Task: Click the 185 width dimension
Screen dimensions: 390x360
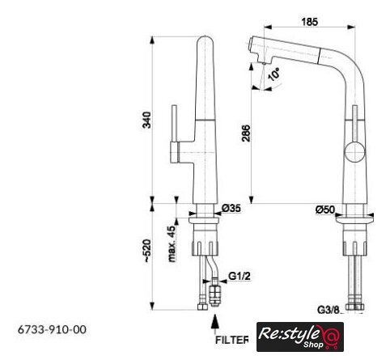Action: (x=309, y=22)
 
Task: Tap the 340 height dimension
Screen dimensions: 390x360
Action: (x=146, y=120)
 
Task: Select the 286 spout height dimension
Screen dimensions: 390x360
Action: (x=246, y=133)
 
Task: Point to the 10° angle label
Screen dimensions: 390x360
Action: (x=273, y=74)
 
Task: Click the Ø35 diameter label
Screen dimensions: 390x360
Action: (x=231, y=208)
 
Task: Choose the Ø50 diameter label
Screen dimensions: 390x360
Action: (x=325, y=210)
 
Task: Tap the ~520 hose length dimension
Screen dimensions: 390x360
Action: (x=147, y=251)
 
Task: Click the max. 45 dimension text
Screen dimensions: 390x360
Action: (x=172, y=244)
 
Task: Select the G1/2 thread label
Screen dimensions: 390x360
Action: (x=240, y=276)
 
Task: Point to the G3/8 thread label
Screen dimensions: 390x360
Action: (x=329, y=310)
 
